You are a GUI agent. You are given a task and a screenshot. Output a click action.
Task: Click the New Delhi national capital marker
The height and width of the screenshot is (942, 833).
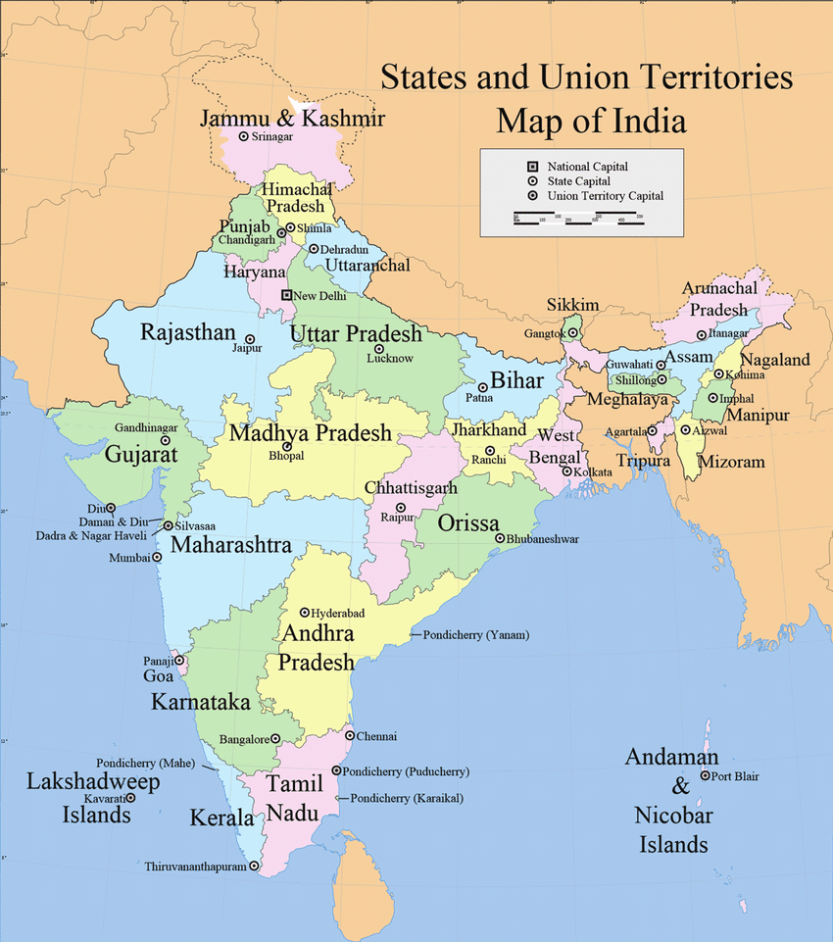click(286, 295)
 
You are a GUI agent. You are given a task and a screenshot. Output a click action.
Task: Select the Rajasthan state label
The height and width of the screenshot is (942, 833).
click(188, 331)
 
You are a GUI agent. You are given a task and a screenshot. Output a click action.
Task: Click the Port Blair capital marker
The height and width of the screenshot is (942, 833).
click(705, 776)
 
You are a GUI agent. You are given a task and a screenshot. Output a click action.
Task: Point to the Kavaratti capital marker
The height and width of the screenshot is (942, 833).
click(130, 798)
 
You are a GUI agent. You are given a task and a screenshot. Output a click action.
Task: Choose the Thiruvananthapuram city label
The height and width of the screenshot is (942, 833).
click(195, 867)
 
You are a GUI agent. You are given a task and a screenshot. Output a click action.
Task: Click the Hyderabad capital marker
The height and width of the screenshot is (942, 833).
click(305, 612)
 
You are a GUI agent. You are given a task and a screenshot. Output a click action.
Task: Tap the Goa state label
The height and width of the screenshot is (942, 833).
click(160, 675)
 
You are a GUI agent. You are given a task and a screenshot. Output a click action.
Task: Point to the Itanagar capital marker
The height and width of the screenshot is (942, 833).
click(701, 335)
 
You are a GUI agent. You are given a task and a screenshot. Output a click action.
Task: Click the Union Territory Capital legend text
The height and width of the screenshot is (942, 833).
click(605, 196)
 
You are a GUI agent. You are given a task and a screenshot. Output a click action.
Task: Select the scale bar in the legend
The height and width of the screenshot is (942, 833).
click(576, 222)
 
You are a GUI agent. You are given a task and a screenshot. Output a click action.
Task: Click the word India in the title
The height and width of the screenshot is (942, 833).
click(639, 122)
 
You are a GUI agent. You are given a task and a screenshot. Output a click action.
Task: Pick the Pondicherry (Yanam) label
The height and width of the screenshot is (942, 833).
click(476, 635)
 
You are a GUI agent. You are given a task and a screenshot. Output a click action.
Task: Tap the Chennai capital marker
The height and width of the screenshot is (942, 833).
click(350, 735)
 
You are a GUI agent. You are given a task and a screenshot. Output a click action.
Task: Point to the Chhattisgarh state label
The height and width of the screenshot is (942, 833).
click(411, 487)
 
